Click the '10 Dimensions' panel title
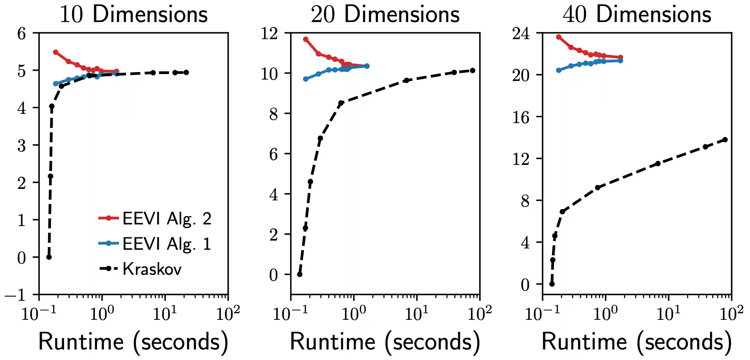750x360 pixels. pyautogui.click(x=134, y=14)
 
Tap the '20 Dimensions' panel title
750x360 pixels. pyautogui.click(x=385, y=14)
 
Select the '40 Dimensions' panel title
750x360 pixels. pyautogui.click(x=637, y=14)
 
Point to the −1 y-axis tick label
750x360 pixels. pyautogui.click(x=15, y=295)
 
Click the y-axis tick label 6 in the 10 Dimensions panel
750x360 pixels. pyautogui.click(x=21, y=33)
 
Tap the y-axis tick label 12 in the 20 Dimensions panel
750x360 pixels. pyautogui.click(x=269, y=33)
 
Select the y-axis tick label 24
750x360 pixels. pyautogui.click(x=521, y=33)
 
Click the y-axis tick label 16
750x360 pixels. pyautogui.click(x=521, y=117)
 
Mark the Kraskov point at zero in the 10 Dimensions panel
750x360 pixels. pyautogui.click(x=49, y=257)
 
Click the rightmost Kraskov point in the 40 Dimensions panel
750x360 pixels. pyautogui.click(x=725, y=140)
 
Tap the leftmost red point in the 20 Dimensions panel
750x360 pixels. pyautogui.click(x=306, y=39)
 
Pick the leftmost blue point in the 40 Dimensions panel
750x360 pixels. pyautogui.click(x=559, y=70)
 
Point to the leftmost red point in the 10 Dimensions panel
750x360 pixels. pyautogui.click(x=56, y=52)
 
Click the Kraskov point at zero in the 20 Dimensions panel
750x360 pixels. pyautogui.click(x=300, y=274)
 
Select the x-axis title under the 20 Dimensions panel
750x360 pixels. pyautogui.click(x=385, y=342)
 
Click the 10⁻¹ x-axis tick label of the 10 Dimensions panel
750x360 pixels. pyautogui.click(x=39, y=314)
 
